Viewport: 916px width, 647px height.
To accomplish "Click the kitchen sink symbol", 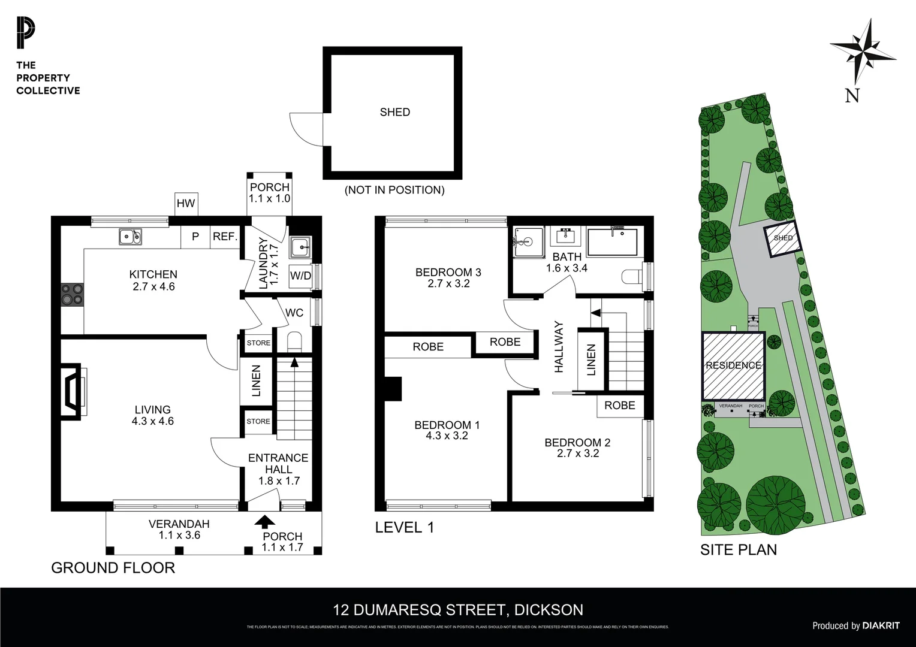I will [130, 237].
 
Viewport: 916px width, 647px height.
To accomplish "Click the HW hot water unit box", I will [186, 203].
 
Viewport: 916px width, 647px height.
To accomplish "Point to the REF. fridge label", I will [225, 237].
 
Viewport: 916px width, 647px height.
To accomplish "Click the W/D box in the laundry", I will [300, 276].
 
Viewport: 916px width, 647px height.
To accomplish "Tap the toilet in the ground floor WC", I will [294, 342].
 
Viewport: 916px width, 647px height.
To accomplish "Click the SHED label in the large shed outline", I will [394, 112].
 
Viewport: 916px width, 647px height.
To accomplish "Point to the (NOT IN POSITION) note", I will [394, 190].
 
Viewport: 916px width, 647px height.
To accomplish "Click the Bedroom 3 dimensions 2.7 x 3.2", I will [448, 283].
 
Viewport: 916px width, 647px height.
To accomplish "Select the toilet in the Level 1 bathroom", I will [632, 276].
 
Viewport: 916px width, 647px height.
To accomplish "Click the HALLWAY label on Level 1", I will [559, 347].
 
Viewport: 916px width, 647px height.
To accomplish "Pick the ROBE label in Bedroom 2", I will [619, 406].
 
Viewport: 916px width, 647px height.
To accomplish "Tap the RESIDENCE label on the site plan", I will [733, 365].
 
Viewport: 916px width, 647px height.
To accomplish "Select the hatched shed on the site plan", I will [782, 238].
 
